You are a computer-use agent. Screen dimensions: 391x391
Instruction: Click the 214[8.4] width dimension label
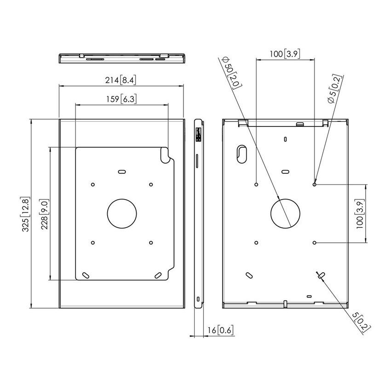click(121, 80)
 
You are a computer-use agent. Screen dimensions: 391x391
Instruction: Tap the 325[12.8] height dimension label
click(26, 214)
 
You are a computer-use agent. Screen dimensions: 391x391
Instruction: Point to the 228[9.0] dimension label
click(44, 214)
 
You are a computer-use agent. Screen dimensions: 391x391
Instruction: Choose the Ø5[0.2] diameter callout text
click(334, 89)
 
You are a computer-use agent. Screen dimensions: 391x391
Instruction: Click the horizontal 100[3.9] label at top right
click(285, 54)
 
